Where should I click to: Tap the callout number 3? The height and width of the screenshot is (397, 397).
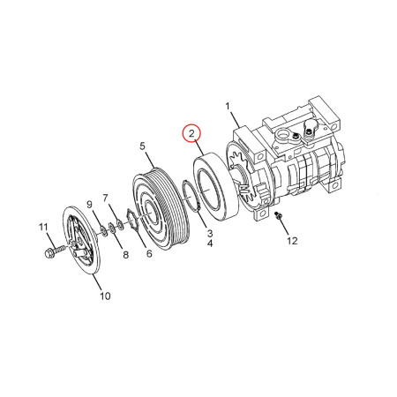point(209,233)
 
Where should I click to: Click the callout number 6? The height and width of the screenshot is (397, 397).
point(148,254)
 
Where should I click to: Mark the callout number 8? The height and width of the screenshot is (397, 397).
point(124,255)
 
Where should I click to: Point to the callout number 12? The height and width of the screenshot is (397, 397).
point(293,240)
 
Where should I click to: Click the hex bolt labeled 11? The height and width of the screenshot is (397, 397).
point(48,255)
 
